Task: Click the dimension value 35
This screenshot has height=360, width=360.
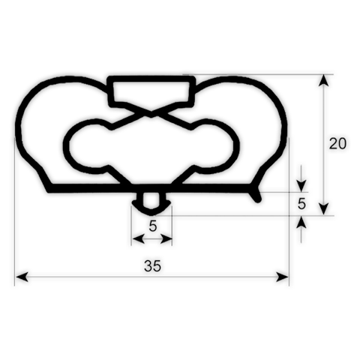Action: (152, 266)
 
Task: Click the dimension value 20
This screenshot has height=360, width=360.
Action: (337, 144)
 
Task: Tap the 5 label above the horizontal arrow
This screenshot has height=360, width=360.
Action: (153, 226)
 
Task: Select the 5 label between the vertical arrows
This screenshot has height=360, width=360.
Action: (301, 204)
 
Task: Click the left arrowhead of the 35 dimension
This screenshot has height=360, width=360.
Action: (22, 277)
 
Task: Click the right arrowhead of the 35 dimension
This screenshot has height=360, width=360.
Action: (283, 277)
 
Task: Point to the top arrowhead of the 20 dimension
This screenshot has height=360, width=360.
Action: (324, 81)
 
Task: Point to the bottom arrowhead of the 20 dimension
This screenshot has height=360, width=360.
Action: (324, 209)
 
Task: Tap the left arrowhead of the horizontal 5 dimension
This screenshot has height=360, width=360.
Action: (138, 238)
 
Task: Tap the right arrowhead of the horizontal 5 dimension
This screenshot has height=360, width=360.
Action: (166, 238)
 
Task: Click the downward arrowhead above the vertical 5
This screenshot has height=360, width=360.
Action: (301, 186)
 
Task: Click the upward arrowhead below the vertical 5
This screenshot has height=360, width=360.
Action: (301, 222)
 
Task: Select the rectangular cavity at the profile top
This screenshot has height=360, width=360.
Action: (151, 91)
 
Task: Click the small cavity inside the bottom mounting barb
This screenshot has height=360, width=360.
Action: (151, 200)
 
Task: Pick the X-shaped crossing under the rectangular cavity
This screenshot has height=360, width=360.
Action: (151, 113)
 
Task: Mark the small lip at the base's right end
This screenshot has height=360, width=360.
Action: (257, 195)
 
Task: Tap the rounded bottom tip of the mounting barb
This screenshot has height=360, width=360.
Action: (151, 214)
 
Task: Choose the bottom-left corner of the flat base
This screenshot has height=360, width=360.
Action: (49, 191)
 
